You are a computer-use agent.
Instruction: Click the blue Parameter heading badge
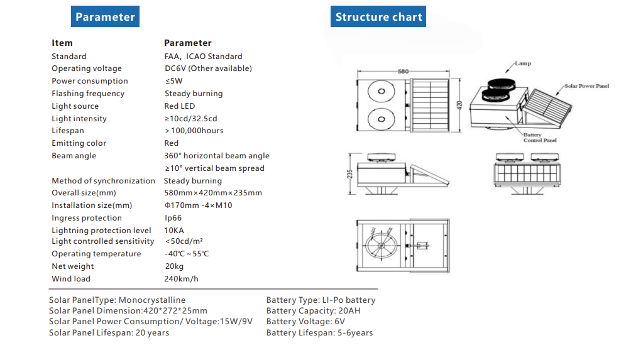point(105,17)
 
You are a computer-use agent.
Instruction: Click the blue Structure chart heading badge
point(378,17)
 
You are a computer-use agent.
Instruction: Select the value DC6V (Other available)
point(208,68)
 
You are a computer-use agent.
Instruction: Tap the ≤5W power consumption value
point(173,81)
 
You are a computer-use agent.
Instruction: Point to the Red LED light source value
point(180,106)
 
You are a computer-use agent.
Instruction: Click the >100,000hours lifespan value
point(194,131)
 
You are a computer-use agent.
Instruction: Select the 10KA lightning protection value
point(174,231)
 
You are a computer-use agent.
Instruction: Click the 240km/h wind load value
point(181,279)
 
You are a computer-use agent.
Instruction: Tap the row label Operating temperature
point(96,254)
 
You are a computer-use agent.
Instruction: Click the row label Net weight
point(73,266)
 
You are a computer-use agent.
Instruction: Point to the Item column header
point(62,43)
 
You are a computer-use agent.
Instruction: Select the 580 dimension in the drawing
point(403,72)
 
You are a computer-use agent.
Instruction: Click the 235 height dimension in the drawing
point(349,173)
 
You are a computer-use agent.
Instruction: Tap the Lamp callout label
point(523,63)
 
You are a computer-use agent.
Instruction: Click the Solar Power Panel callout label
point(586,85)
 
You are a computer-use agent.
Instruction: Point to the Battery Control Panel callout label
point(539,138)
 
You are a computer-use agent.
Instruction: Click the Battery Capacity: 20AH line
point(313,311)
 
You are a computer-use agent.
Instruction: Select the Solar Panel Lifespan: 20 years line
point(109,333)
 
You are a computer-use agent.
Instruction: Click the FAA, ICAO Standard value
point(203,57)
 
